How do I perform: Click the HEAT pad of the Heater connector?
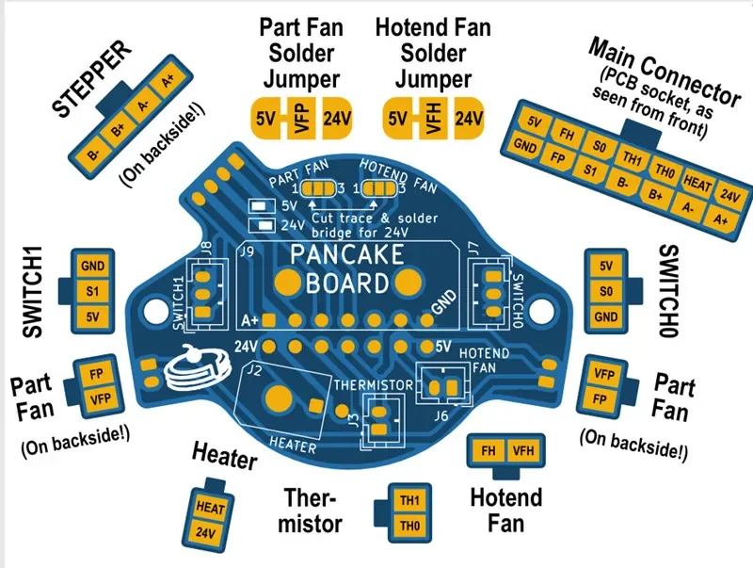[x=210, y=506]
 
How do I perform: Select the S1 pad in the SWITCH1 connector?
[x=92, y=291]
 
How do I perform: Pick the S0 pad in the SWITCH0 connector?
[x=605, y=291]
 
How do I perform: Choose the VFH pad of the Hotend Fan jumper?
[x=434, y=121]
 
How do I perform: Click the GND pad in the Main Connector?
[x=526, y=147]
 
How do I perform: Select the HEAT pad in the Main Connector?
[x=697, y=180]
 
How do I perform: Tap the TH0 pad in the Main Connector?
[x=665, y=172]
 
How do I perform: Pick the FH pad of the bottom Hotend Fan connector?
[x=489, y=451]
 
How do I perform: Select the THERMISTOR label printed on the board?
[x=375, y=384]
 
